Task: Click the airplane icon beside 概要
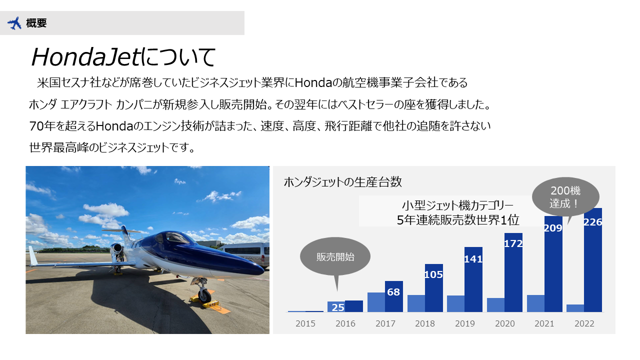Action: pos(14,23)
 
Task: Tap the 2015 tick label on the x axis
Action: pos(305,323)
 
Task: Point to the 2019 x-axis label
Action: pos(465,323)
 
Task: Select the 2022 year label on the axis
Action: pos(584,323)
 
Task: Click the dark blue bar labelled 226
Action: pos(593,260)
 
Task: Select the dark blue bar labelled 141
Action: pos(473,279)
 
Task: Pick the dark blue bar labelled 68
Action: pos(393,296)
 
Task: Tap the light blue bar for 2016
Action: pos(336,307)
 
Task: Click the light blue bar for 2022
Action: pos(575,308)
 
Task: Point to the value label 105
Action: pos(433,274)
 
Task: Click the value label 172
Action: pos(513,243)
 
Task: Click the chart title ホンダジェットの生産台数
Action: pos(343,182)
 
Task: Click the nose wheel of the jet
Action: pos(204,295)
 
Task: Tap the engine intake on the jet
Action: pos(116,249)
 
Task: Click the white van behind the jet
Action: pos(245,255)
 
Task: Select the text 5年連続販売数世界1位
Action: pos(457,220)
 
